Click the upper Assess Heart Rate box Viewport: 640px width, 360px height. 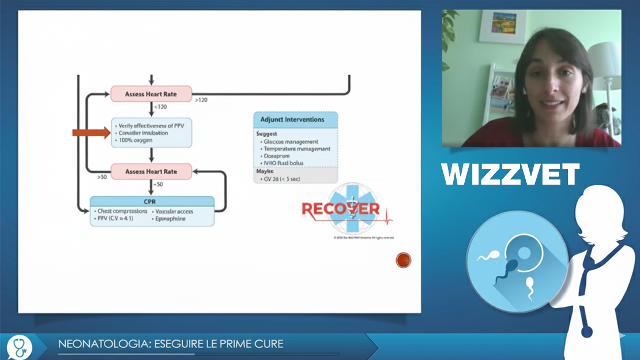[x=151, y=93]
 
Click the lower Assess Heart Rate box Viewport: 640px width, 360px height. [x=151, y=171]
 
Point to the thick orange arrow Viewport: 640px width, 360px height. [x=91, y=133]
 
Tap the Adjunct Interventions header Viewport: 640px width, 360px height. [x=296, y=120]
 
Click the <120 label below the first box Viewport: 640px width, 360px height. [x=161, y=107]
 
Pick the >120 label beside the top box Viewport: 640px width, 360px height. [x=201, y=100]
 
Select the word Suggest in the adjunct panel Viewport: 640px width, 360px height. [x=267, y=133]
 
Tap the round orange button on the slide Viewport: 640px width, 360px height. [x=404, y=260]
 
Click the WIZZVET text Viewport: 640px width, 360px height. [x=510, y=174]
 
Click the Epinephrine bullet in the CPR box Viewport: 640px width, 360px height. [x=170, y=219]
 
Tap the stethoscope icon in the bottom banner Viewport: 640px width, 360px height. [x=20, y=346]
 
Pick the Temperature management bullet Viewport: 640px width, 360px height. [x=296, y=149]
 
